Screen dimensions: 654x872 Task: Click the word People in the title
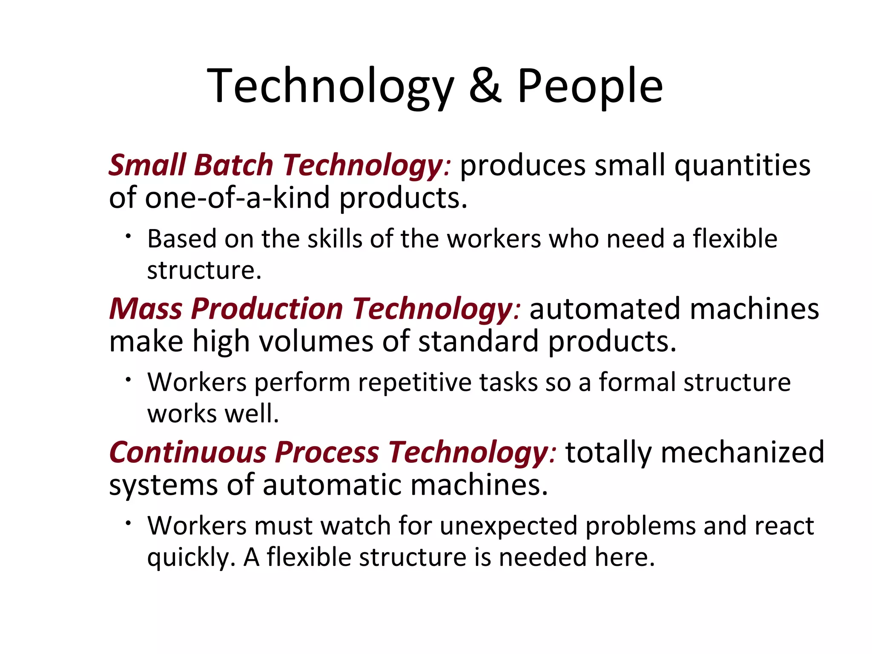pos(590,87)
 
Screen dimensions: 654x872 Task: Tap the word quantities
pos(743,166)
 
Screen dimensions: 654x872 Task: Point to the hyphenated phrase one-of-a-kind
pos(237,198)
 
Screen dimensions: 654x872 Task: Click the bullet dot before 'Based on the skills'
pos(128,236)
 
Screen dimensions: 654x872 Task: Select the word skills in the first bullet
pos(335,238)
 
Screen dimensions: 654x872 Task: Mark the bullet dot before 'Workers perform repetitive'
pos(128,379)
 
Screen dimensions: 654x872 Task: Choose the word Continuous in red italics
pos(187,452)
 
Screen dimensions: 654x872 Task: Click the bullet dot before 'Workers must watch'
pos(128,523)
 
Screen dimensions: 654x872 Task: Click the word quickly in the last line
pos(191,558)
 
